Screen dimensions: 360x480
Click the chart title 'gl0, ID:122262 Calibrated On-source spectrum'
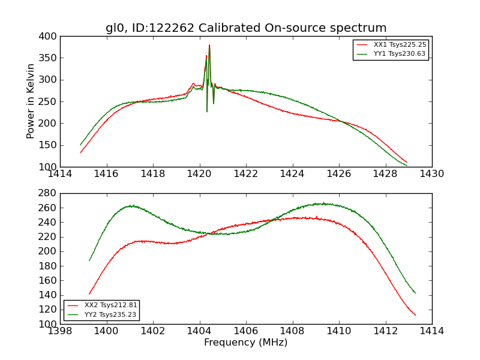pos(246,28)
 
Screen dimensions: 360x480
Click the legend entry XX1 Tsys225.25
pos(400,45)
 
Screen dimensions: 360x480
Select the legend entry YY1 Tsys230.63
pos(400,54)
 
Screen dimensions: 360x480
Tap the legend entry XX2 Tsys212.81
pos(111,305)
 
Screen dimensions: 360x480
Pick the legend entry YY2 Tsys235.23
pos(111,314)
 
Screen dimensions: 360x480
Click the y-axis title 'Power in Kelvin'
pos(31,101)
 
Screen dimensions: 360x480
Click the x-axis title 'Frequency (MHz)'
pos(246,343)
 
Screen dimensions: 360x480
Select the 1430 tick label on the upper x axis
pos(432,174)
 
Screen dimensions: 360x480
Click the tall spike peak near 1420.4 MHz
pos(209,45)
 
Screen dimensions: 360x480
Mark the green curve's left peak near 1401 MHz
pos(130,206)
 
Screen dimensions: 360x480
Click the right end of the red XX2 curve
pos(415,315)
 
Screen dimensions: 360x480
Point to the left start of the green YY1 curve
pos(80,145)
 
